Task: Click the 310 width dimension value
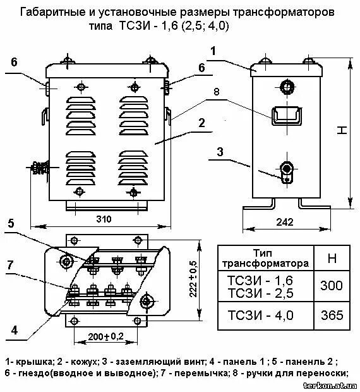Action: click(104, 219)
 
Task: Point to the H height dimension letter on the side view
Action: click(342, 130)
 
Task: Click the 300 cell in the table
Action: click(331, 285)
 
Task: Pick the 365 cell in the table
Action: click(331, 314)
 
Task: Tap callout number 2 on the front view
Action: click(201, 123)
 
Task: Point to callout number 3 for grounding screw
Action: click(220, 152)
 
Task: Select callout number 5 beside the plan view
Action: click(11, 223)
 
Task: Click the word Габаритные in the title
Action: click(51, 12)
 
